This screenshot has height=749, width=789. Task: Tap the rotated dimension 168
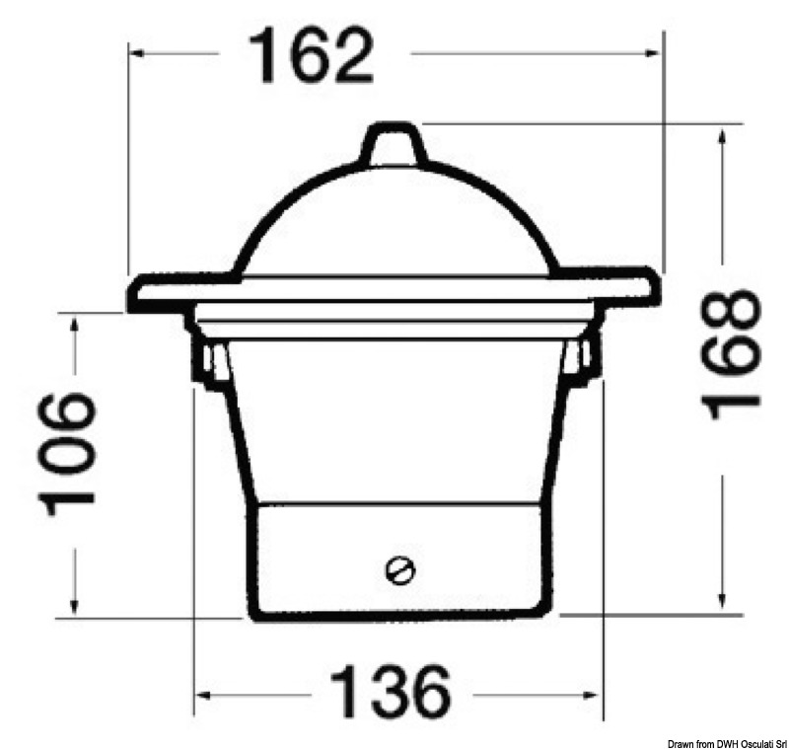pos(733,353)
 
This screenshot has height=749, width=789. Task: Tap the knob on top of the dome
pos(393,145)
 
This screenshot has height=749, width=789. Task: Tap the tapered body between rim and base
pos(394,424)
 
